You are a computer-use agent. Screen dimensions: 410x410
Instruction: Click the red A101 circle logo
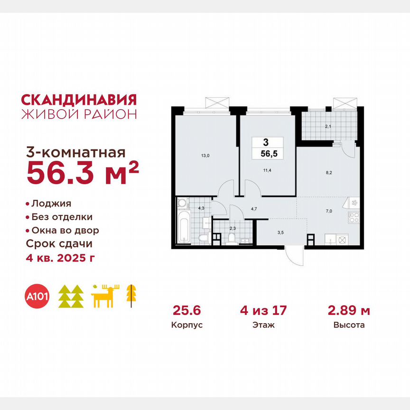click(37, 297)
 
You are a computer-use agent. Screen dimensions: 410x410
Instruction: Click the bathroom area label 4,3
click(201, 207)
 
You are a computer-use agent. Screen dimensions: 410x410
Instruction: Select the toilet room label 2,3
click(233, 228)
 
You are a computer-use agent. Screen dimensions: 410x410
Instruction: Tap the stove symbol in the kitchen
click(354, 218)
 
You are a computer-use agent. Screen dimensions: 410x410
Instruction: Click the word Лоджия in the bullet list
click(51, 204)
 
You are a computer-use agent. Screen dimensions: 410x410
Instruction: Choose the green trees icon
click(71, 297)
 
